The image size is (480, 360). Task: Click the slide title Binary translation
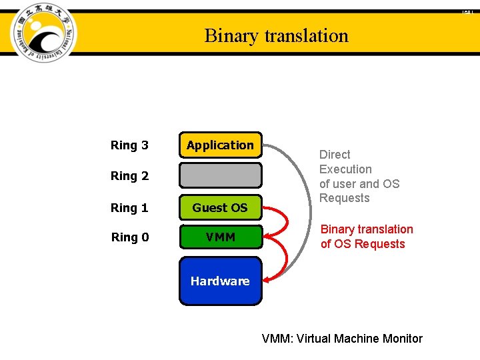point(276,35)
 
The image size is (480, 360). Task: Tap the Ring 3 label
point(129,145)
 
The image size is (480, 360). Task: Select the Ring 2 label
point(129,176)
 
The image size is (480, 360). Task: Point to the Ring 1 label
point(129,208)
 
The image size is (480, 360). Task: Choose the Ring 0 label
point(129,237)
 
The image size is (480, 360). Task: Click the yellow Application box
point(220,145)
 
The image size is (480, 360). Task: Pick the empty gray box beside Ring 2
point(220,175)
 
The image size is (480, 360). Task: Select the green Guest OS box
point(220,207)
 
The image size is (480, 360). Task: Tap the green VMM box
point(220,237)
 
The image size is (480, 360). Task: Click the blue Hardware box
point(220,281)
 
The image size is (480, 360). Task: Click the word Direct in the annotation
point(335,155)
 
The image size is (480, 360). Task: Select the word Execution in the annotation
point(345,169)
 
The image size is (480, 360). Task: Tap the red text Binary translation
point(367,229)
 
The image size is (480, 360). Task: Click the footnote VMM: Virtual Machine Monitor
point(342,339)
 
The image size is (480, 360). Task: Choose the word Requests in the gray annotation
point(344,198)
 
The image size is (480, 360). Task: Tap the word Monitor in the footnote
point(403,339)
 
